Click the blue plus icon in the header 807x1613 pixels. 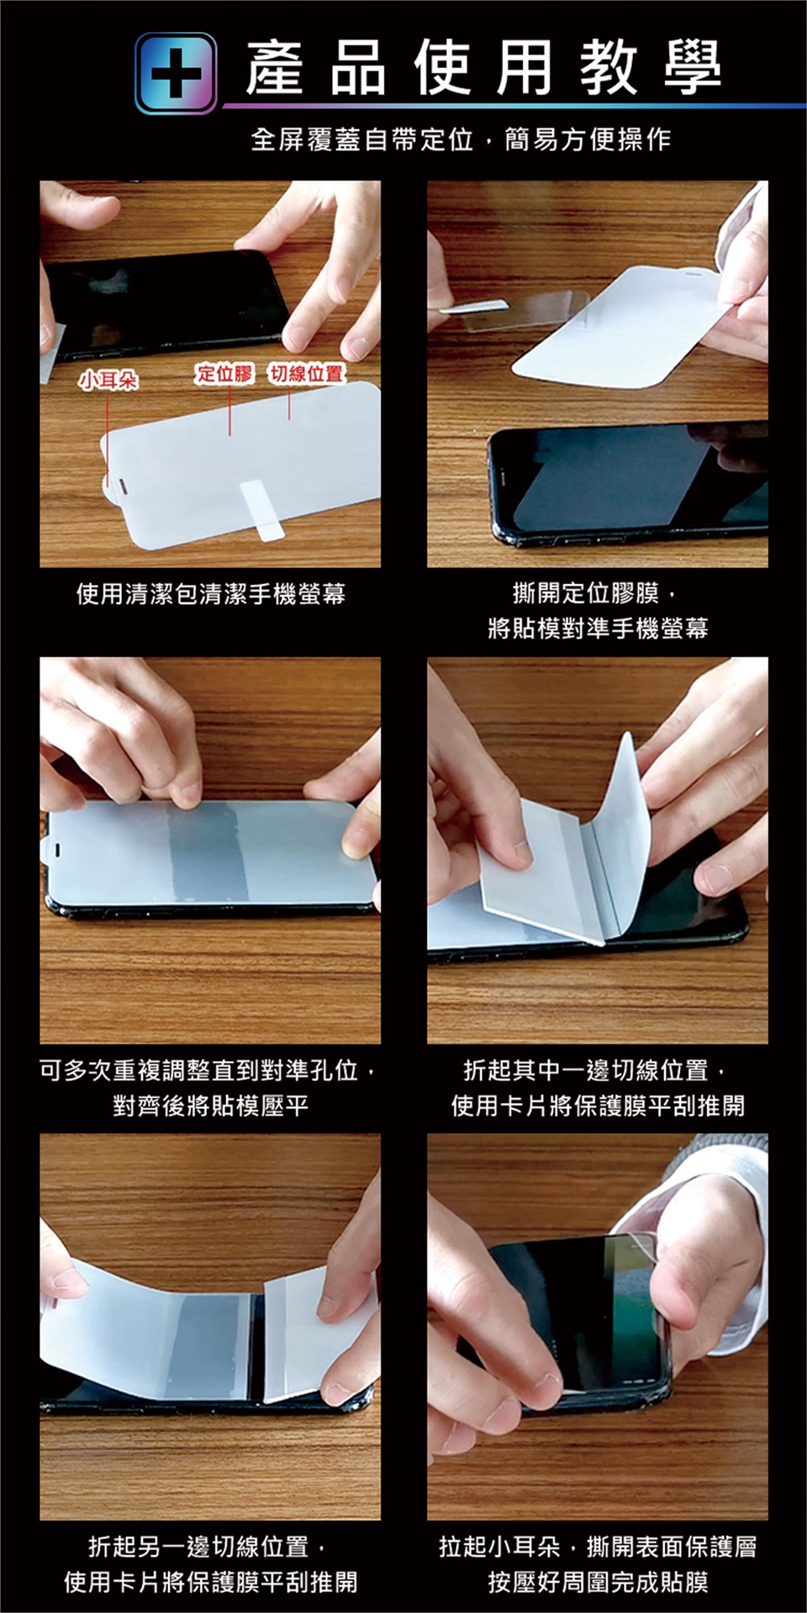176,72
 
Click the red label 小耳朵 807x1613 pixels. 108,381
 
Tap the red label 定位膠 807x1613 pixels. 224,374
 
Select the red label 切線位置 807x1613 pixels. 307,374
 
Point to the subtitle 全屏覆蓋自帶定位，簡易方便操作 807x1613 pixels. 461,139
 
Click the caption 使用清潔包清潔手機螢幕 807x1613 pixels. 210,594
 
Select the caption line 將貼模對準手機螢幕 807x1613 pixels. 598,628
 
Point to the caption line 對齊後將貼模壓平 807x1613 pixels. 210,1105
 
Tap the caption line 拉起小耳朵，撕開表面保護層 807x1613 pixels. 598,1547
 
